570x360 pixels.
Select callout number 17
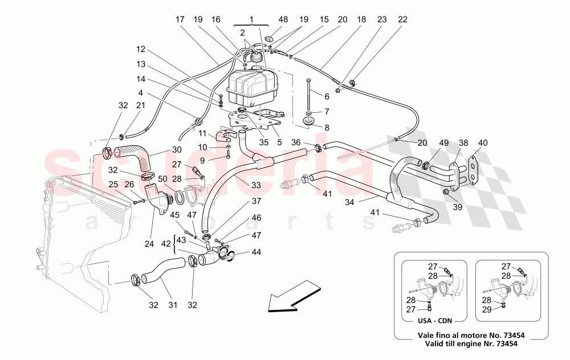(x=181, y=19)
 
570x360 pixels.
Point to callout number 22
(x=403, y=19)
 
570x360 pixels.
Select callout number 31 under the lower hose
(x=172, y=305)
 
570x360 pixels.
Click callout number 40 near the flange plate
(x=483, y=143)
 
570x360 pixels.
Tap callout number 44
(x=256, y=252)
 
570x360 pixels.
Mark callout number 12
(x=141, y=49)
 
